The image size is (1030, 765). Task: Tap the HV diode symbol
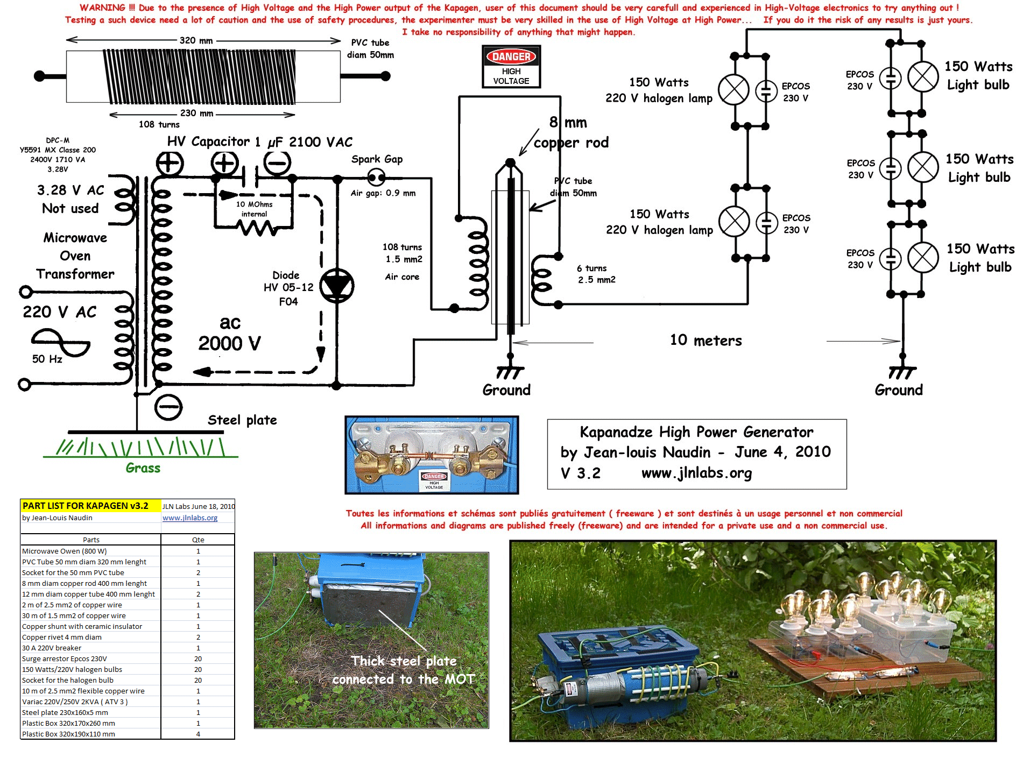(337, 286)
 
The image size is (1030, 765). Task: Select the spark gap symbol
(376, 176)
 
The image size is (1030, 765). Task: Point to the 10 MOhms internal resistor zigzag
(258, 228)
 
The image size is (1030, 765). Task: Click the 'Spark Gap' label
(377, 159)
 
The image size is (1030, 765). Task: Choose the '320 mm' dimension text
(196, 40)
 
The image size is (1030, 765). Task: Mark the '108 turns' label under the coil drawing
(159, 124)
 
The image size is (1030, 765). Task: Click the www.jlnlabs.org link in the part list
(190, 518)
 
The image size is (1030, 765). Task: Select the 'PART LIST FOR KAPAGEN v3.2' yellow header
(86, 506)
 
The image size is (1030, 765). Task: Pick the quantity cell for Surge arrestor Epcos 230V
(198, 658)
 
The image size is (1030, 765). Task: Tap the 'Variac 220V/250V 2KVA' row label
(75, 702)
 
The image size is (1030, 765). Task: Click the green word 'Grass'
(143, 468)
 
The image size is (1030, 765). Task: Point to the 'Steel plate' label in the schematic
(242, 420)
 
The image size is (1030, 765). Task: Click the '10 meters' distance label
(706, 341)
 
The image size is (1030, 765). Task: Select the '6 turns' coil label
(591, 268)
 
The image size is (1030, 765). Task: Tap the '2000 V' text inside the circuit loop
(229, 343)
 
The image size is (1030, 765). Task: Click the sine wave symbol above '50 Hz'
(60, 343)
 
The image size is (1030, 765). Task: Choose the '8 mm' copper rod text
(568, 123)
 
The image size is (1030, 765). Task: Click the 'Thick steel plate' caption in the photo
(404, 661)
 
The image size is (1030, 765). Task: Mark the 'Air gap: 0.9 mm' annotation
(383, 193)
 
